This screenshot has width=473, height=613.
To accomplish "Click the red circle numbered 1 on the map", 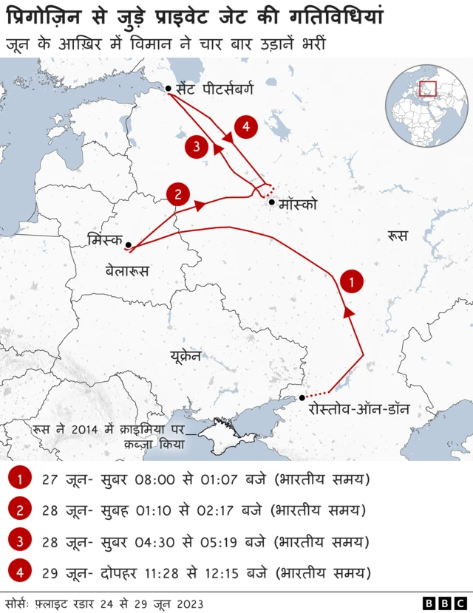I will coord(353,281).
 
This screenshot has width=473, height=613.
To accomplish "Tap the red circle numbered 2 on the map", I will coord(178,194).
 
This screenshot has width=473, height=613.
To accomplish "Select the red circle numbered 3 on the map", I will coord(196,146).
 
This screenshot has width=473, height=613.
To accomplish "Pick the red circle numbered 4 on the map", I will coord(246,127).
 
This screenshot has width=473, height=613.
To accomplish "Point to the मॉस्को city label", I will coord(299,204).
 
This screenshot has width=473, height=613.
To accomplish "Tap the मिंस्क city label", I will coord(104,240).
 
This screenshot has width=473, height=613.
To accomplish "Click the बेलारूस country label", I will coord(127,271).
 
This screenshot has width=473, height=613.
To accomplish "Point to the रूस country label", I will coord(397,236).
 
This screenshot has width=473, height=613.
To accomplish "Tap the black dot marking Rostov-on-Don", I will coord(302,398).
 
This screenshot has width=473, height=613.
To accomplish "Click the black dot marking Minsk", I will coord(129,244).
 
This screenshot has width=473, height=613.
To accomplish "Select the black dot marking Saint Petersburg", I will coord(169,89).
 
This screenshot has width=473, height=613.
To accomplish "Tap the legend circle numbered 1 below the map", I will coord(20,479).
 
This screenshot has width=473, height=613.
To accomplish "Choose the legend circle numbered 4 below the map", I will coord(20,572).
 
